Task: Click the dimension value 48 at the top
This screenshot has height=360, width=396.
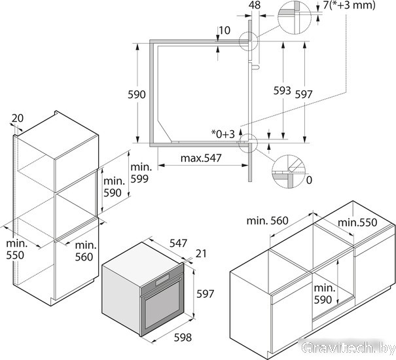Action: pos(255,5)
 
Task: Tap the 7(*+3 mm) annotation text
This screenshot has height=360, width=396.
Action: pos(350,5)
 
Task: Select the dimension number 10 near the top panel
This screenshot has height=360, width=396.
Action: pos(225,30)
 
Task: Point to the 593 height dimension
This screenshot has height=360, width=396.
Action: pos(282,90)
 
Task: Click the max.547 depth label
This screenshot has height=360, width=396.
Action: pos(201,158)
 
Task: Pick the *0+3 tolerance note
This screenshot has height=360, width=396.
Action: pos(223,134)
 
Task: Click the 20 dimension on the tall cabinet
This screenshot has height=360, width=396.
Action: pos(18,118)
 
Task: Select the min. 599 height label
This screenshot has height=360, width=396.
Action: pos(140,173)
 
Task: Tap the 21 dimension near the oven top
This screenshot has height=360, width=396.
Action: pos(201,253)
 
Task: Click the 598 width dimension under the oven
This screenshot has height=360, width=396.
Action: pos(183,337)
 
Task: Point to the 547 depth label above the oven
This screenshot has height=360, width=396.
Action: pos(178,243)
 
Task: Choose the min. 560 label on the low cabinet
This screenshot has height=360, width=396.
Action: pos(267,221)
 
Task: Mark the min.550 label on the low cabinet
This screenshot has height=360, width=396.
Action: pos(357,223)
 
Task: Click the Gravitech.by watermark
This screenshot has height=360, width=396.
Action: pos(348,349)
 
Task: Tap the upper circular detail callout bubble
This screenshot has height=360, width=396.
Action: pos(295,17)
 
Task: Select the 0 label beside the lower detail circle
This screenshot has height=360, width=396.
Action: pos(309,180)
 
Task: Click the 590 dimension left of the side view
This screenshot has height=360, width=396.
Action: pos(137,94)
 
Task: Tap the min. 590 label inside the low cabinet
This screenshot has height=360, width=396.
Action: pos(324,294)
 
